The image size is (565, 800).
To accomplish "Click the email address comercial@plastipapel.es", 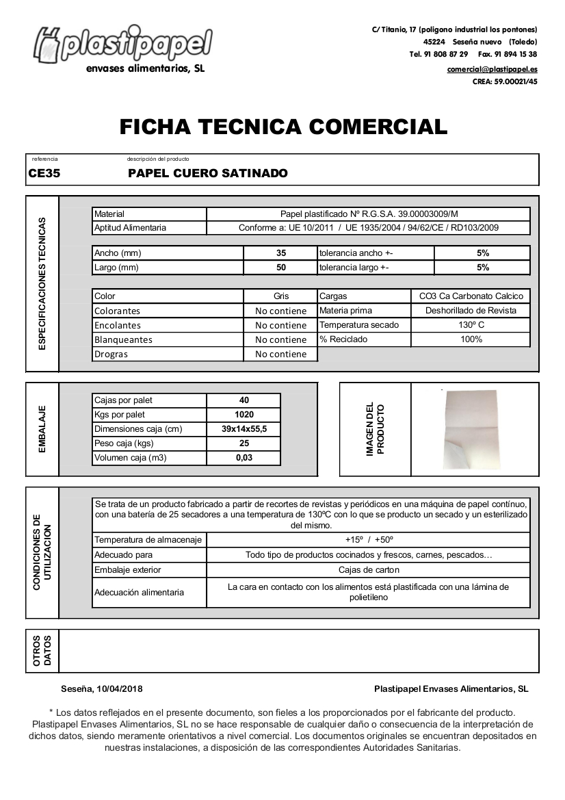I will click(492, 70).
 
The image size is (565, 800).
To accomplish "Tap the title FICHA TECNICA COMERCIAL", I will click(283, 127).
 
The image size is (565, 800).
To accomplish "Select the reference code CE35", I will click(44, 174).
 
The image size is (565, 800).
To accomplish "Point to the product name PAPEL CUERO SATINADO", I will click(208, 174).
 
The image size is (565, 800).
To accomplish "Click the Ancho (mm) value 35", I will click(281, 253).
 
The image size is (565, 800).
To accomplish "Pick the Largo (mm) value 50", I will click(281, 268).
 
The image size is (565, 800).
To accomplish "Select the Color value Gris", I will click(281, 296).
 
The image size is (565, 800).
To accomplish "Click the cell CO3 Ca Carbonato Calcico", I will click(471, 296).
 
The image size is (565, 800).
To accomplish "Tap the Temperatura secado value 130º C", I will click(471, 325).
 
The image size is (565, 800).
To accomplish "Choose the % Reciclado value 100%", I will click(471, 339).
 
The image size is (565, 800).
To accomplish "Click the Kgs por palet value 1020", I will click(244, 415).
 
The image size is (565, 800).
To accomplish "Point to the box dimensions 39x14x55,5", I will click(244, 429).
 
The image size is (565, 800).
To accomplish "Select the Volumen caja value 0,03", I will click(244, 458).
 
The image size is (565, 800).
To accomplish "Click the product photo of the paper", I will click(471, 429).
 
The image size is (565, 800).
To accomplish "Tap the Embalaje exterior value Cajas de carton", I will click(369, 570).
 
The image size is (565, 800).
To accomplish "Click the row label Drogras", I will click(111, 354).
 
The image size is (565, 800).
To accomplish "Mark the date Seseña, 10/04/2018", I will click(102, 689).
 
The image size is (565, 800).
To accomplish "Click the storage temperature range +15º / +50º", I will click(369, 540).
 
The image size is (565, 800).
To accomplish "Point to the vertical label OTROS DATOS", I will click(42, 651).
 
